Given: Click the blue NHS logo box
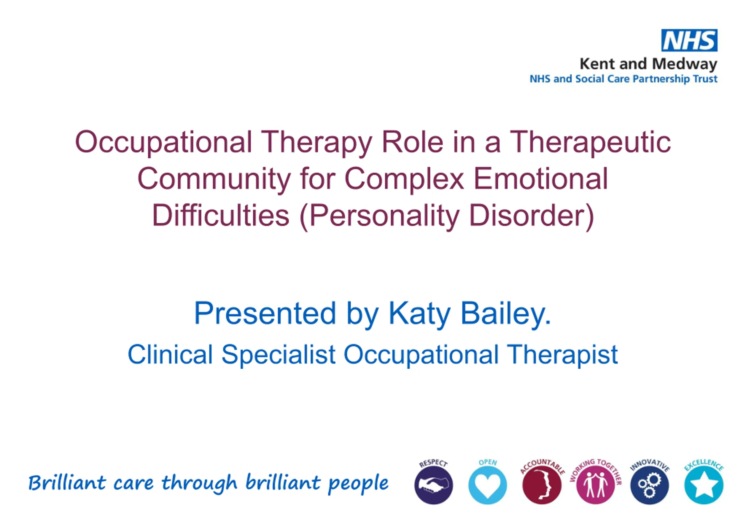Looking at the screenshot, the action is click(x=689, y=40).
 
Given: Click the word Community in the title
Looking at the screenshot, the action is click(x=214, y=180).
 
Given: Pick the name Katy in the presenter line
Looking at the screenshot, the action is click(x=420, y=314).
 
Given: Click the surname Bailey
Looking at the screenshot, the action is click(x=506, y=314).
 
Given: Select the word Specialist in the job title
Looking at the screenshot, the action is click(x=279, y=355).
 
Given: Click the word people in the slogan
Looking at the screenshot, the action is click(x=358, y=484).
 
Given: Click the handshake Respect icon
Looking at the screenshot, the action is click(x=434, y=485).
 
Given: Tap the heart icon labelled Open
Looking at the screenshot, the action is click(x=488, y=485).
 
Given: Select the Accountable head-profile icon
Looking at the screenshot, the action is click(x=541, y=485).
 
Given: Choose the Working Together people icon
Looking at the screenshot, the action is click(x=596, y=485).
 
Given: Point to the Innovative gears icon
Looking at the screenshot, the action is click(x=650, y=485).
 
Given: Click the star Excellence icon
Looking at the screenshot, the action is click(x=704, y=485).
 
